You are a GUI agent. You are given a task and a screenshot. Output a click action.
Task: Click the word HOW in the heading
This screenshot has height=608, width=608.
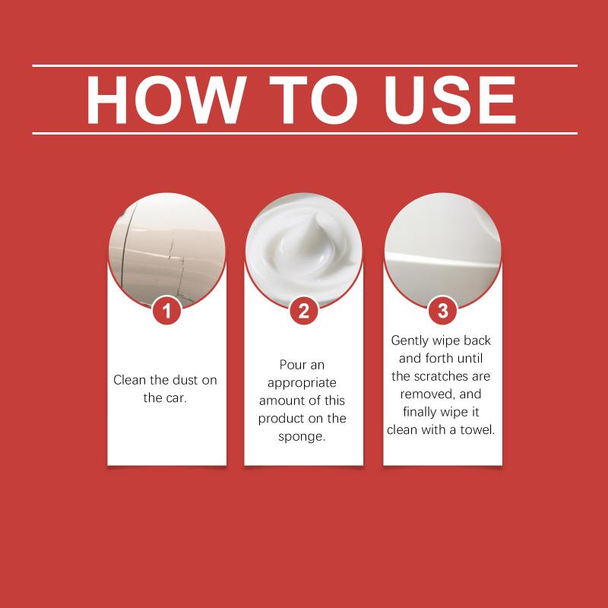pyautogui.click(x=166, y=100)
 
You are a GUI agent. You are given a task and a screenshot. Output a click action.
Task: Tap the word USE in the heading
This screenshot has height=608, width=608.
pyautogui.click(x=450, y=100)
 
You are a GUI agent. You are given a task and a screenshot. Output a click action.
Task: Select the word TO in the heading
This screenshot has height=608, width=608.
pyautogui.click(x=313, y=100)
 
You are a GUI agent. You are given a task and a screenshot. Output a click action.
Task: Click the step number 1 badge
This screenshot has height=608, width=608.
pyautogui.click(x=166, y=311)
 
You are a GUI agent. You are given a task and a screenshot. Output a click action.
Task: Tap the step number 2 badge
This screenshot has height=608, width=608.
pyautogui.click(x=304, y=311)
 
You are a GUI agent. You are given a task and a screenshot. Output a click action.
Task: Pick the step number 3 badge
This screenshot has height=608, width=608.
pyautogui.click(x=443, y=311)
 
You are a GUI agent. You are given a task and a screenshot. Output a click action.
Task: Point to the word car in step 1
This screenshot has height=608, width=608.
pyautogui.click(x=176, y=398)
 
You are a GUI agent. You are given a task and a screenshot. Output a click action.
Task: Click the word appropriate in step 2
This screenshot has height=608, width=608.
pyautogui.click(x=302, y=383)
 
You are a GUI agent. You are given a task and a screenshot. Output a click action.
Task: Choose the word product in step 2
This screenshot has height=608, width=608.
pyautogui.click(x=281, y=419)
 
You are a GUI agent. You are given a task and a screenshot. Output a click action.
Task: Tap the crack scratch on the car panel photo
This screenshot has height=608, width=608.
pyautogui.click(x=176, y=268)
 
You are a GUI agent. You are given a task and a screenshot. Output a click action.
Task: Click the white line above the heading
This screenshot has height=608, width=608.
pyautogui.click(x=305, y=66)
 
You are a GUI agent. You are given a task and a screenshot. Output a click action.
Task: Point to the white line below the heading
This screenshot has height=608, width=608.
pyautogui.click(x=305, y=134)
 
